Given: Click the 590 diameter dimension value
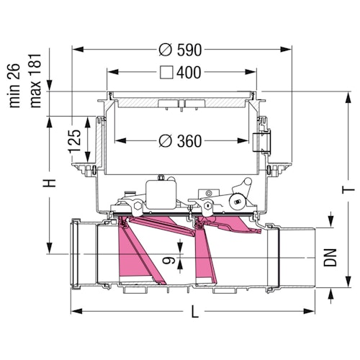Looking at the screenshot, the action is click(x=189, y=50).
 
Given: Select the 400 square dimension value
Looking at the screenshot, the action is click(x=189, y=72).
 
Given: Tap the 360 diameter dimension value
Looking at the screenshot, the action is click(x=189, y=141).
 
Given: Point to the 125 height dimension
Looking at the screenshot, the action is click(x=75, y=142).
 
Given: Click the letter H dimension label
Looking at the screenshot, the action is click(x=49, y=183).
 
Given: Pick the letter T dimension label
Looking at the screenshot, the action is click(x=348, y=190).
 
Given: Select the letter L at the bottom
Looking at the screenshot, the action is click(x=195, y=311).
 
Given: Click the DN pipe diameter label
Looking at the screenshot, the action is click(x=330, y=258).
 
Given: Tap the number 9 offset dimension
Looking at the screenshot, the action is click(x=168, y=260).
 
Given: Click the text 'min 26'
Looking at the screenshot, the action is click(x=14, y=86).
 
